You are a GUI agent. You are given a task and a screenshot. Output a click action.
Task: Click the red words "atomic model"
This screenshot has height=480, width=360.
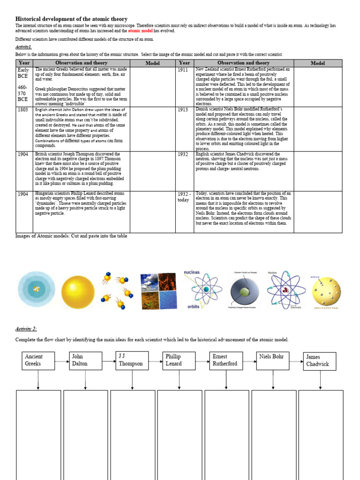141,30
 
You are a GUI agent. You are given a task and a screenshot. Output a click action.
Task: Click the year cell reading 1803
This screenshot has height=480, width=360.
23,110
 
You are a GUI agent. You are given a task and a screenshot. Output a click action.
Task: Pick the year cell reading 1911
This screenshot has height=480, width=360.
183,70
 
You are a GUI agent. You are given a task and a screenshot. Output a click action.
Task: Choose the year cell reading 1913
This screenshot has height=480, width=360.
183,110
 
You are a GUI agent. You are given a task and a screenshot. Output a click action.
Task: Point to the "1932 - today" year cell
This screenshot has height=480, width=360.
184,197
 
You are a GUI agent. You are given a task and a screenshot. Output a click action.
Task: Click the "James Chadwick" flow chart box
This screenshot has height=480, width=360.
320,360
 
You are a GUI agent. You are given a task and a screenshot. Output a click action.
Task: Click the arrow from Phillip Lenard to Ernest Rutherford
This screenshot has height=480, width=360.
202,361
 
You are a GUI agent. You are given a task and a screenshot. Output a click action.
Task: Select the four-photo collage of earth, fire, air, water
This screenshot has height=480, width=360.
157,291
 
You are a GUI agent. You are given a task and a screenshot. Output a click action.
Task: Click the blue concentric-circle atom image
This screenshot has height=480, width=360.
36,291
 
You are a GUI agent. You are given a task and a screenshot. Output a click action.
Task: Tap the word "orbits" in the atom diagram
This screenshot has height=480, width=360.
193,307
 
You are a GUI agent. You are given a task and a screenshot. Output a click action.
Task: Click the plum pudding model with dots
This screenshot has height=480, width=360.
326,292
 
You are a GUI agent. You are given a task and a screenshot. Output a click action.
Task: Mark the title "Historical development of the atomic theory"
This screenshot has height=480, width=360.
71,19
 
